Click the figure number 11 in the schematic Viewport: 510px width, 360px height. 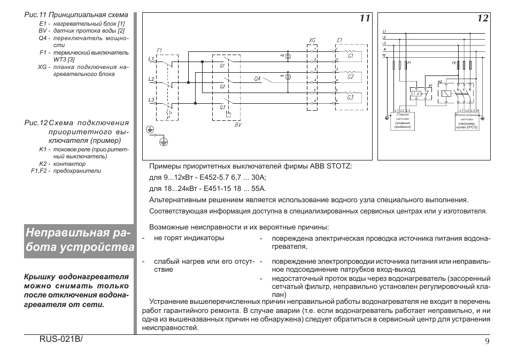coord(365,19)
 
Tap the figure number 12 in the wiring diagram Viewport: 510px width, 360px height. coord(483,19)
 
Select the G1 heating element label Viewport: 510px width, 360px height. coord(351,56)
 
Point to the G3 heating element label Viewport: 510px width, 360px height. coord(351,98)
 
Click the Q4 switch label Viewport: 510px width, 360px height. coord(257,78)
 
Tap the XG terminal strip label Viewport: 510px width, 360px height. coord(313,40)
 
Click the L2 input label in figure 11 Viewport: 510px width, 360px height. coord(151,79)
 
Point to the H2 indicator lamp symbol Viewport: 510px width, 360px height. coord(288,56)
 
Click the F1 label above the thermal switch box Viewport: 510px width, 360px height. coord(159,50)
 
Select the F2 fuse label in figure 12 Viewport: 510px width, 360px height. coord(454,63)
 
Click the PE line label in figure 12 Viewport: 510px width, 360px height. coord(384,55)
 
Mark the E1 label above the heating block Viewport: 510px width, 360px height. coord(339,40)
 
